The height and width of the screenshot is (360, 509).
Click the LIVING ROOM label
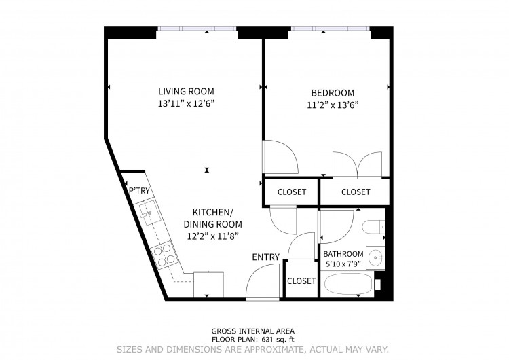pyautogui.click(x=186, y=91)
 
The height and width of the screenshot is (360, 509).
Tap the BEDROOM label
pyautogui.click(x=333, y=93)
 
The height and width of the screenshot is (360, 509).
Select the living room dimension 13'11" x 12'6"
pyautogui.click(x=187, y=104)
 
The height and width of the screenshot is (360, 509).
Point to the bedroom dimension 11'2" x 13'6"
pyautogui.click(x=333, y=105)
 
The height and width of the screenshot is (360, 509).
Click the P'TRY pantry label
pyautogui.click(x=139, y=191)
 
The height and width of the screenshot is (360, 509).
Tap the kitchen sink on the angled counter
pyautogui.click(x=148, y=213)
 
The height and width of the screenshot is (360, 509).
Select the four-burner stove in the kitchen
pyautogui.click(x=164, y=255)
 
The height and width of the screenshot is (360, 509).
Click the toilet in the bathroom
pyautogui.click(x=374, y=227)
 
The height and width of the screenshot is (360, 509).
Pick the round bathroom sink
pyautogui.click(x=375, y=257)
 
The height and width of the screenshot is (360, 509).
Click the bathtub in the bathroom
pyautogui.click(x=349, y=285)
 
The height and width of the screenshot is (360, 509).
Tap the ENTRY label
pyautogui.click(x=266, y=257)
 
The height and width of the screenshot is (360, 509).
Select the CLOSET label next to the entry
pyautogui.click(x=301, y=281)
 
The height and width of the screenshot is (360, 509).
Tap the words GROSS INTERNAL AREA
pyautogui.click(x=253, y=331)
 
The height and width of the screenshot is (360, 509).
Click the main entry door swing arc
pyautogui.click(x=255, y=273)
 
